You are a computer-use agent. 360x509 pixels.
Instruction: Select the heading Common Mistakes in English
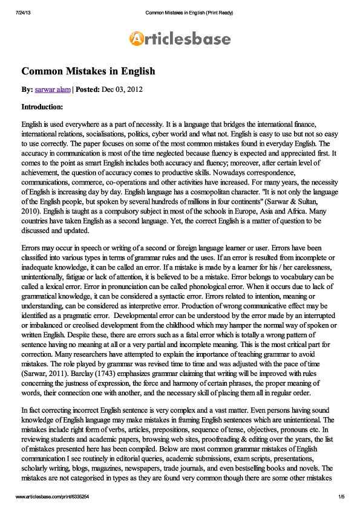(x=88, y=71)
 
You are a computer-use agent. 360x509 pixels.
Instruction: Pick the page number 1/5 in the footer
(x=341, y=496)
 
